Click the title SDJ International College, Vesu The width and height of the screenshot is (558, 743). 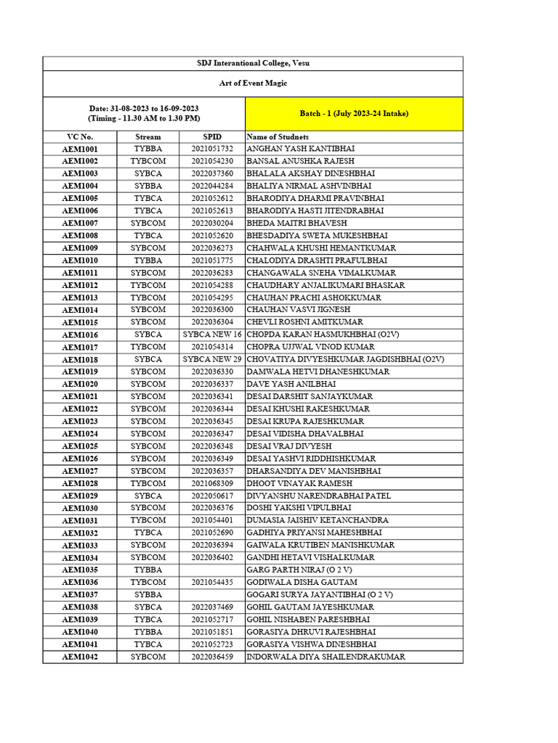pos(253,64)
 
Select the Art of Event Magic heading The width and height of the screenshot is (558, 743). pos(253,83)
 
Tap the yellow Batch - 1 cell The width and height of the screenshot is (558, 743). pos(354,114)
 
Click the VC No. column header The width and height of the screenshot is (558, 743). pos(80,136)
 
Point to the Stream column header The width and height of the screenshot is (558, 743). pos(148,136)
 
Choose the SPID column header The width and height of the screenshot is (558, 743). pos(212,136)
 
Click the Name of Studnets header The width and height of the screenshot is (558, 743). pos(278,136)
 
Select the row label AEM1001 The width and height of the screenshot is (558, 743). pos(80,149)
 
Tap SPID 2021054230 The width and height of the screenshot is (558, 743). pos(212,161)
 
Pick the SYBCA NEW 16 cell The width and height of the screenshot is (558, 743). pos(212,334)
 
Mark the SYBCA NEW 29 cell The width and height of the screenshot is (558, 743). pos(212,359)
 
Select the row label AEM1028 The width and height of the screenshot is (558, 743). pos(80,483)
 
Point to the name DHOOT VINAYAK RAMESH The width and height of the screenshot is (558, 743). pos(299,483)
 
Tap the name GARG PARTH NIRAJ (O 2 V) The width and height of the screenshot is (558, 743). pos(305,570)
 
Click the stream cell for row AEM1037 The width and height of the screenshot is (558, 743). pos(148,595)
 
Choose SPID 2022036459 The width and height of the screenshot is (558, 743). pos(212,657)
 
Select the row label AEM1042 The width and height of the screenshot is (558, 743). pos(80,657)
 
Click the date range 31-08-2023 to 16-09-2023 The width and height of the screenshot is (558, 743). pos(144,108)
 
